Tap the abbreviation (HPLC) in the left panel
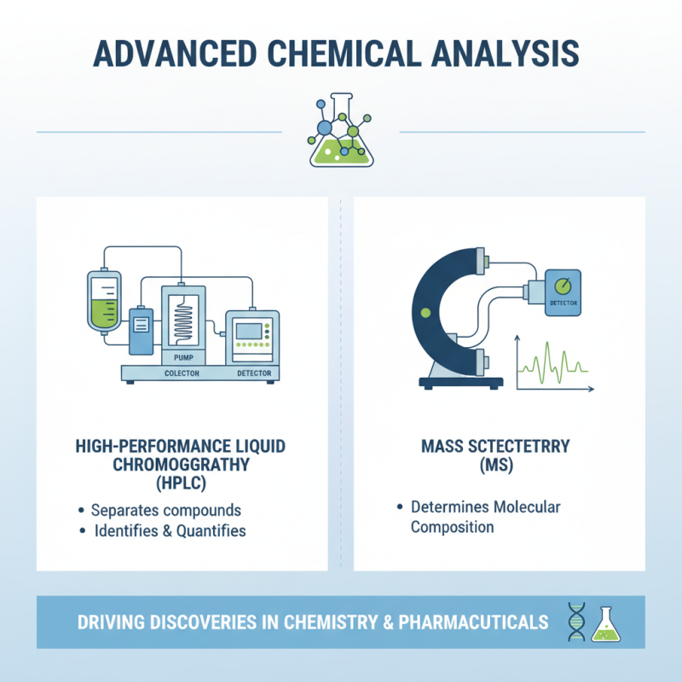click(x=181, y=483)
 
